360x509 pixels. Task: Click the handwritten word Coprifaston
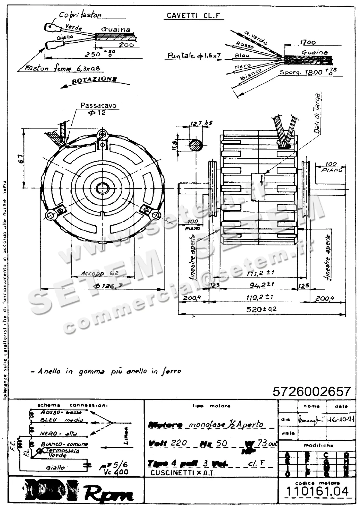coord(80,15)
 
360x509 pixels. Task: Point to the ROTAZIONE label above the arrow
coord(94,79)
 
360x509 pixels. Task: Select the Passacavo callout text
coord(98,106)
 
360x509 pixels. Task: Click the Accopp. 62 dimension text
coord(100,273)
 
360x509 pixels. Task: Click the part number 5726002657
coord(312,391)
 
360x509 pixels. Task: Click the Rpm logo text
coord(108,493)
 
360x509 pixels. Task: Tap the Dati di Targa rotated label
coord(317,113)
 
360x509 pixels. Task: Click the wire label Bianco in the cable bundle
coord(250,74)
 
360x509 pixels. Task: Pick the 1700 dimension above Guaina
coord(307,42)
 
